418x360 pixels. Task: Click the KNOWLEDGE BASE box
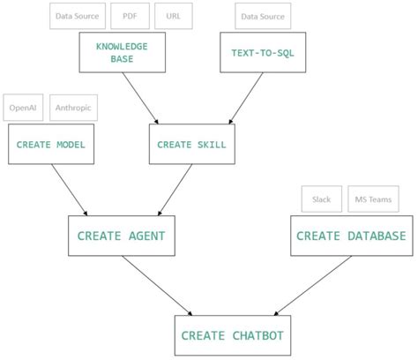(122, 52)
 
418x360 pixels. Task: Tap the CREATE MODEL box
(51, 143)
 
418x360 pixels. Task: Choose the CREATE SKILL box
(192, 143)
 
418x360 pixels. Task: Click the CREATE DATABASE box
(351, 236)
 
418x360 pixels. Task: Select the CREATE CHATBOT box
(233, 335)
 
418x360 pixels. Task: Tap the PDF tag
(130, 16)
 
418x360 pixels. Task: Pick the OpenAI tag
(23, 108)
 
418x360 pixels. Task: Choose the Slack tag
(321, 199)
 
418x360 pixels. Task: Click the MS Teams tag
(372, 199)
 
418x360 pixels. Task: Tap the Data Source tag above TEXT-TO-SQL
(262, 16)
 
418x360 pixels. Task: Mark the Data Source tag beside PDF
(78, 16)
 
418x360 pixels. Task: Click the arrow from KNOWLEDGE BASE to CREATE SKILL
(141, 97)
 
